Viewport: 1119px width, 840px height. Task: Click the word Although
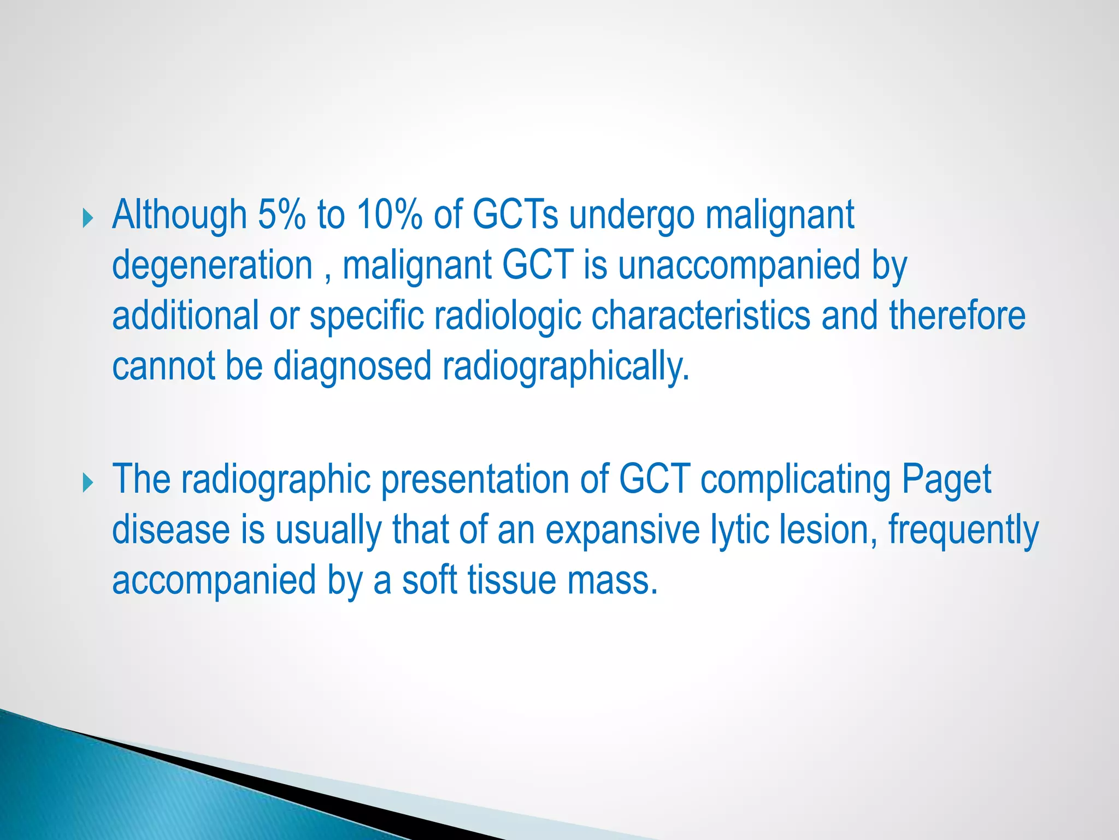click(x=179, y=215)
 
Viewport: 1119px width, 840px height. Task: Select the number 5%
click(x=281, y=215)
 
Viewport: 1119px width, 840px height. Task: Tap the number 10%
click(x=390, y=215)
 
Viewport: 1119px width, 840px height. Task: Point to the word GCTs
click(x=515, y=215)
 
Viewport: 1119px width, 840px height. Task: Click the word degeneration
click(x=212, y=266)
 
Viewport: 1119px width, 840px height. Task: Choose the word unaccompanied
click(x=739, y=266)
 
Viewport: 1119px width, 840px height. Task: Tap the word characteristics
click(x=701, y=316)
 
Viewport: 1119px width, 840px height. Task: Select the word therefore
click(x=957, y=316)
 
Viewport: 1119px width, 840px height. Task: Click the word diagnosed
click(x=352, y=366)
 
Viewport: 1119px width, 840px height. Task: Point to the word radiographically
click(x=566, y=366)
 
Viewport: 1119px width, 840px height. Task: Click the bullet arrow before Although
click(x=88, y=219)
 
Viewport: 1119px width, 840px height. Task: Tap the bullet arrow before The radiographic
click(x=88, y=483)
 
